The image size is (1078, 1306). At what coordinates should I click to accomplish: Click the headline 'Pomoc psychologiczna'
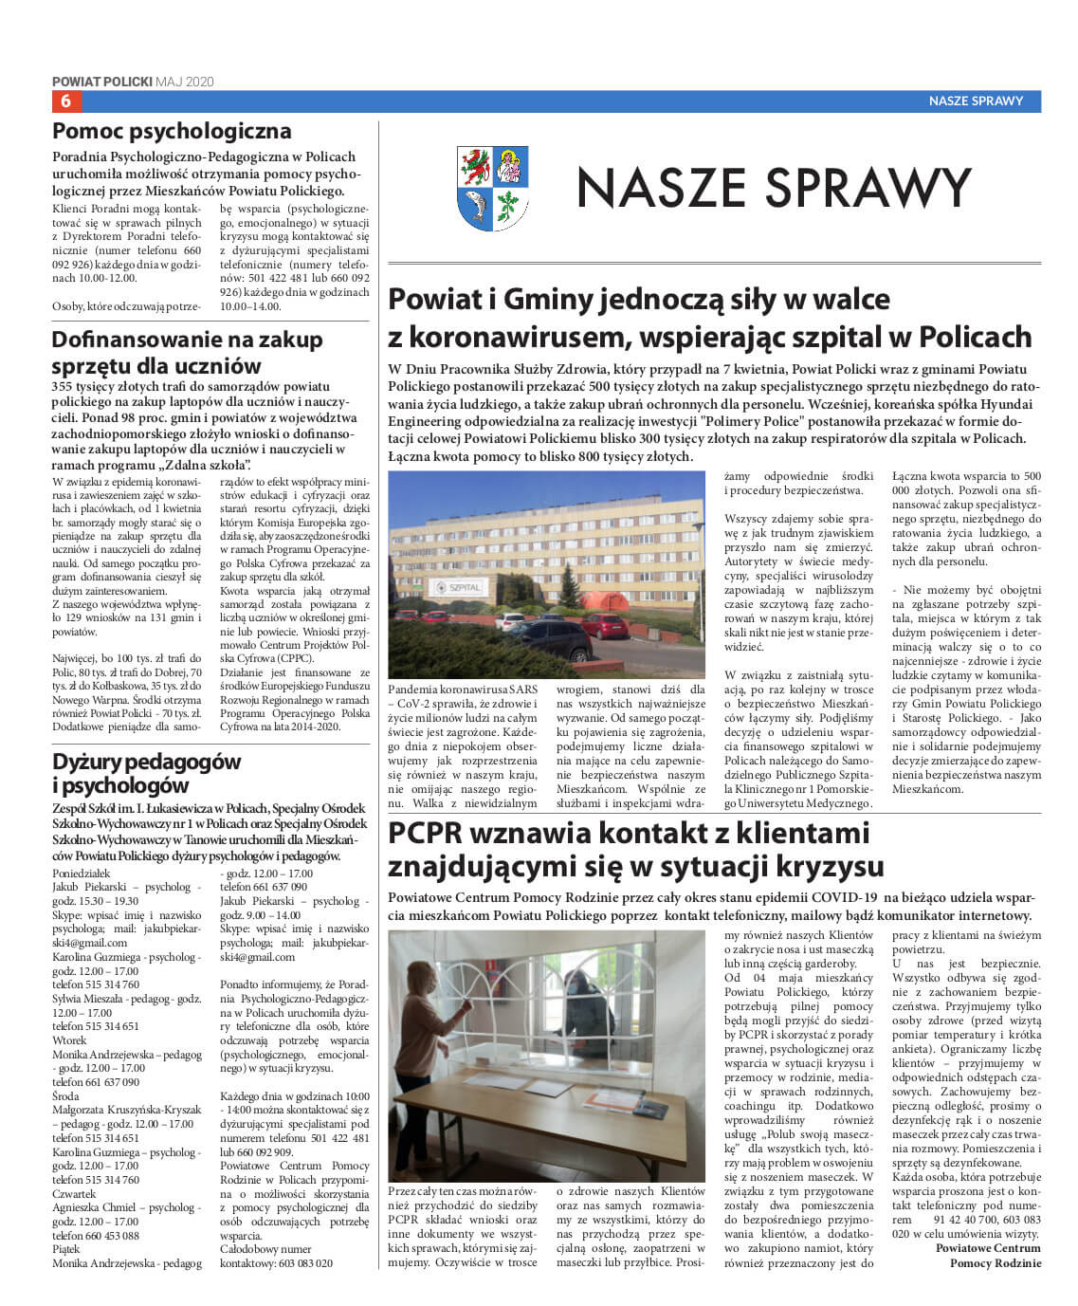172,131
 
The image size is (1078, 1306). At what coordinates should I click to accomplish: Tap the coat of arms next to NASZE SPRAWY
492,188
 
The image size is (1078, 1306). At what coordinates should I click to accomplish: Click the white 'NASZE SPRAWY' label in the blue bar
976,101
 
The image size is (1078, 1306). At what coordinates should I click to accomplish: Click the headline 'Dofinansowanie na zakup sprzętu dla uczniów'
187,352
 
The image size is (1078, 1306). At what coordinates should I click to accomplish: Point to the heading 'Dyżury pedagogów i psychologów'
146,773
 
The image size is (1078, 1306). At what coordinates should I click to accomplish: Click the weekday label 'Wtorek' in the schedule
69,1040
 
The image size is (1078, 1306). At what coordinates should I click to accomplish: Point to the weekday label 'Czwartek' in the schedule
74,1194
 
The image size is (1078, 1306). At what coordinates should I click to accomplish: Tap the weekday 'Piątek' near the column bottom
67,1249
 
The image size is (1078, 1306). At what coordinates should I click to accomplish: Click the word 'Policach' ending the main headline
977,337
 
